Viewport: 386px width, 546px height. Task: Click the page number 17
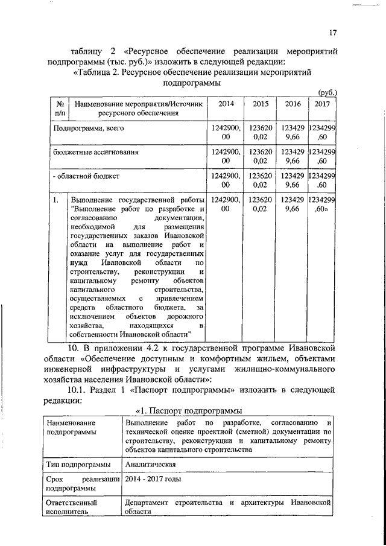[x=332, y=33]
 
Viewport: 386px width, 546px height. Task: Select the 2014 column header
[x=226, y=104]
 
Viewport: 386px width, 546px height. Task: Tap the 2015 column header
[x=261, y=104]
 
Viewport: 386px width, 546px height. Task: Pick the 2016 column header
[x=293, y=104]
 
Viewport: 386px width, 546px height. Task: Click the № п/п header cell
[x=59, y=109]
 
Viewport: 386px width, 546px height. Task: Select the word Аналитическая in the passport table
[x=150, y=465]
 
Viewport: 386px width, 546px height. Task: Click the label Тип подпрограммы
[x=78, y=465]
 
